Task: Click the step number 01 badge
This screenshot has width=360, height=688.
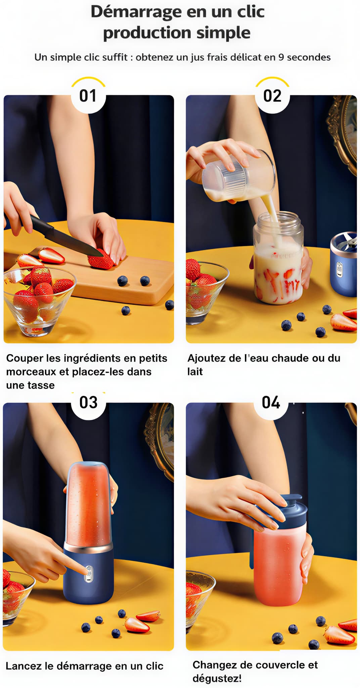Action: tap(88, 96)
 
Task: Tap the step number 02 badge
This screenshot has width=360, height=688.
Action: tap(272, 96)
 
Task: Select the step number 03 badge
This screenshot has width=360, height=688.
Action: tap(88, 402)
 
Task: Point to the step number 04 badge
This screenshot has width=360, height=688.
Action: tap(271, 402)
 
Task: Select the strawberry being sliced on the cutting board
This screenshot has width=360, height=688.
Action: tap(100, 259)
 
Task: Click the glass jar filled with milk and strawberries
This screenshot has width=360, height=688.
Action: tap(278, 258)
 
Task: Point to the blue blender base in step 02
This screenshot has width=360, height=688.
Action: tap(344, 264)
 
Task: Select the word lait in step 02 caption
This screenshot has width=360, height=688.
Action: tap(195, 372)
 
